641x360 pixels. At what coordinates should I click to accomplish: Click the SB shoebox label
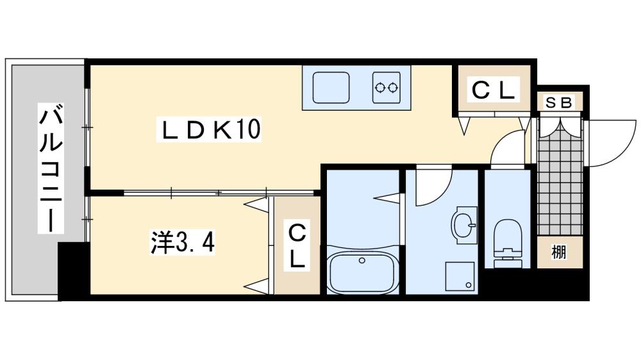click(560, 102)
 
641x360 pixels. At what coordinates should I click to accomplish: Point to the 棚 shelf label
click(560, 252)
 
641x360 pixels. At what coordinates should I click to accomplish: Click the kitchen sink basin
click(331, 87)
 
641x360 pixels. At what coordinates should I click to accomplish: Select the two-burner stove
click(387, 87)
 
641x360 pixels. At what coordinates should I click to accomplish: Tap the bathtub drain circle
click(362, 261)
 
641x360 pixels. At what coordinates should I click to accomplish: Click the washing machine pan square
click(459, 277)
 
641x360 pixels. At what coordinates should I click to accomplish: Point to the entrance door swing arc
click(609, 144)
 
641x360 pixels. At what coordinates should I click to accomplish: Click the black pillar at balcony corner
click(72, 269)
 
